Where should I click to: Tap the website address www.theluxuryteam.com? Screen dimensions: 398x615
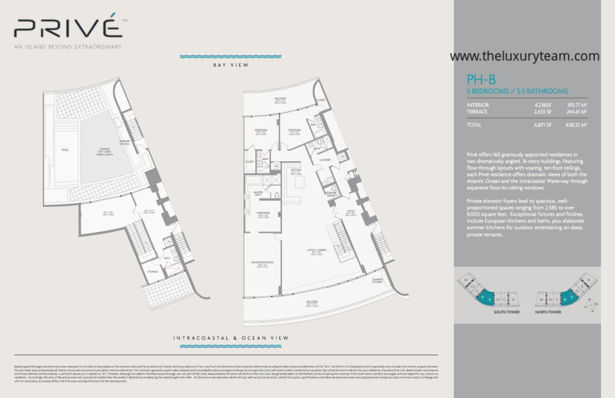[524, 56]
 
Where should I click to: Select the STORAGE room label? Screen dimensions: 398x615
[153, 272]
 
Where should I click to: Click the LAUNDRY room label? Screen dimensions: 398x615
[326, 160]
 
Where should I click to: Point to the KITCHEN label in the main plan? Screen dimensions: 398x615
[295, 170]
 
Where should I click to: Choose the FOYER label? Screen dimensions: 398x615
[350, 212]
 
